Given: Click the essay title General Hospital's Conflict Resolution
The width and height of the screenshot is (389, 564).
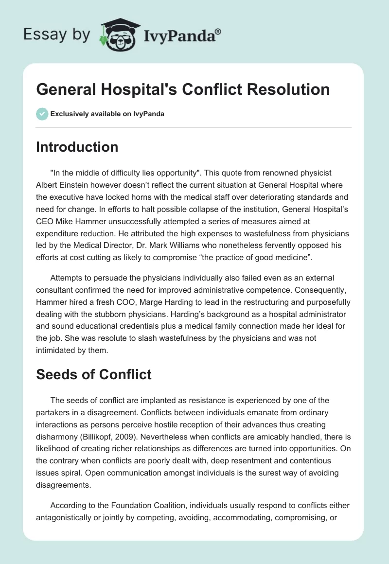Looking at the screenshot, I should pos(183,89).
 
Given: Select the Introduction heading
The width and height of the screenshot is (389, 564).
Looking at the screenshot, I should pos(77,147).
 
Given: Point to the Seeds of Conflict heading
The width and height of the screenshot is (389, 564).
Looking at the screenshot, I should pos(94,374).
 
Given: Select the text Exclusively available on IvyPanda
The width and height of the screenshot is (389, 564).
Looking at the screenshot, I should pos(107,114).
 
